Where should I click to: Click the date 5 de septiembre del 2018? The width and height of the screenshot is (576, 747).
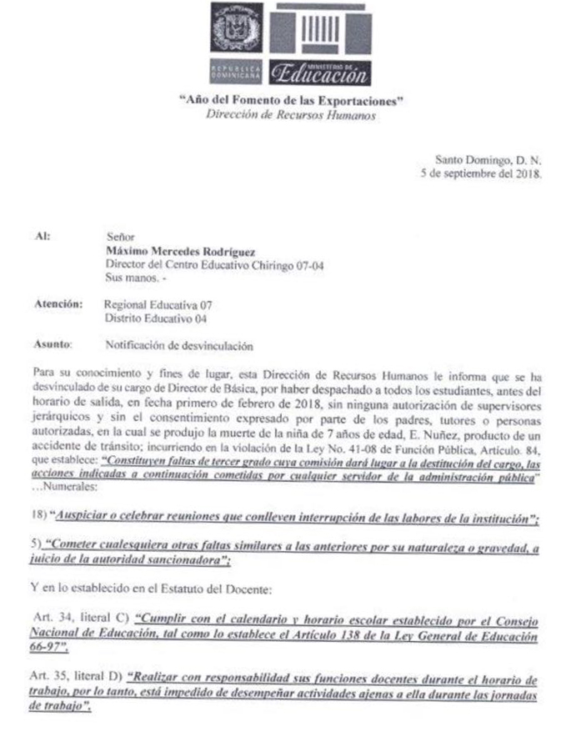point(483,175)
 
